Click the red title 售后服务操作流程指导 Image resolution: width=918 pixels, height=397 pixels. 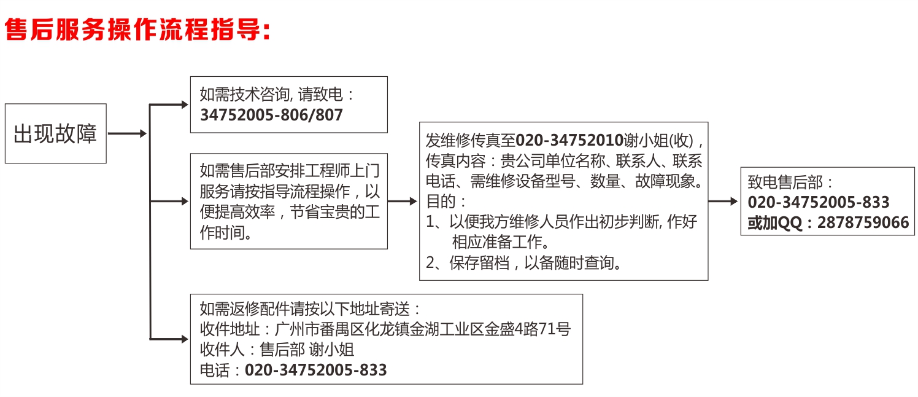(137, 29)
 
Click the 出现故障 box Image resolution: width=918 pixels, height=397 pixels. (56, 133)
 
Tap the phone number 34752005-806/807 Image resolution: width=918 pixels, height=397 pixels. (271, 115)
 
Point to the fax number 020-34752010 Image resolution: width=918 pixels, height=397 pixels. (569, 140)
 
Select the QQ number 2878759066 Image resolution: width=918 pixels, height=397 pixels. (863, 222)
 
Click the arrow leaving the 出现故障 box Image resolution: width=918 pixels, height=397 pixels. (127, 133)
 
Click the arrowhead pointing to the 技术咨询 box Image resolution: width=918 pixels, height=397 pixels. (185, 104)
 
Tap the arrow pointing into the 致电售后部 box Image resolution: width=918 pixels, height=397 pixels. (723, 201)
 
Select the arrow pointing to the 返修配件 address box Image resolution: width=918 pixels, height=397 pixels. (169, 339)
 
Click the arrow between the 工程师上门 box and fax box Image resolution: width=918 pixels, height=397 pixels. (403, 201)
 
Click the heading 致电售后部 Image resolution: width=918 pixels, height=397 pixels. (785, 183)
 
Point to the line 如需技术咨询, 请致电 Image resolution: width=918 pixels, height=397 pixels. (277, 95)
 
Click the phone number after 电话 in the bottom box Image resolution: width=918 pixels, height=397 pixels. (315, 370)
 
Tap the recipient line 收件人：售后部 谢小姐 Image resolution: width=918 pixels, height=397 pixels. (277, 350)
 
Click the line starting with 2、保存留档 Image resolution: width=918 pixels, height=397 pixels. (524, 263)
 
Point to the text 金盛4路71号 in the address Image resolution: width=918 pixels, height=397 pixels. (528, 329)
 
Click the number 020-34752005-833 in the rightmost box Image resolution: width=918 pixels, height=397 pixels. (819, 202)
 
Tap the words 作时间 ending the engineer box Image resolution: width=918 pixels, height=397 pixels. (226, 232)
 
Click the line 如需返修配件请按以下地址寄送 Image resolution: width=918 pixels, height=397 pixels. (310, 309)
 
